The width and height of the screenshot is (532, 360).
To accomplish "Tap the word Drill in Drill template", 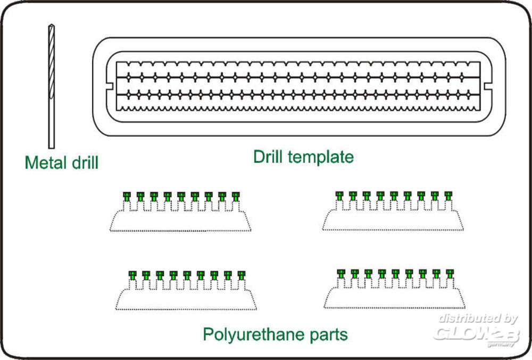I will (x=270, y=157).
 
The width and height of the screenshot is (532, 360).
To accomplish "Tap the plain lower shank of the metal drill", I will (x=51, y=125).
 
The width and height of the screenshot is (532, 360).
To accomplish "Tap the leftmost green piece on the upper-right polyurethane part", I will (x=339, y=195).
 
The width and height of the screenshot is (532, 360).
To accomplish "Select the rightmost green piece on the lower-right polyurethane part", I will (x=450, y=273).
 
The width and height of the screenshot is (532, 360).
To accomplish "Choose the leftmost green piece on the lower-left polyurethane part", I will (x=133, y=275).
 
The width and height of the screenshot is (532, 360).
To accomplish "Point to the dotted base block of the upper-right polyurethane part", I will (x=394, y=221).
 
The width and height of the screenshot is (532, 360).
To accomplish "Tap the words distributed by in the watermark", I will (x=478, y=319).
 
